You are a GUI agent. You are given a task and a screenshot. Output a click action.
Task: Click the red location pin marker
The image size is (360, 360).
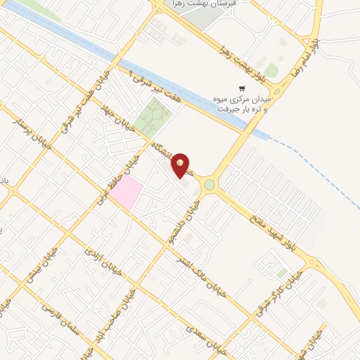coord(181,165)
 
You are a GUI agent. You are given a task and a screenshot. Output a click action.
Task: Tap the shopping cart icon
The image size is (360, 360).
coord(242,89)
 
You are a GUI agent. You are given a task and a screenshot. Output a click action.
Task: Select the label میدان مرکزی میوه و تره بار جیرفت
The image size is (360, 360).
coord(242,105)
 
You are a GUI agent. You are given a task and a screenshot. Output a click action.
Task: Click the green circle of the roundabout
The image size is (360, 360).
coord(210,186)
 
